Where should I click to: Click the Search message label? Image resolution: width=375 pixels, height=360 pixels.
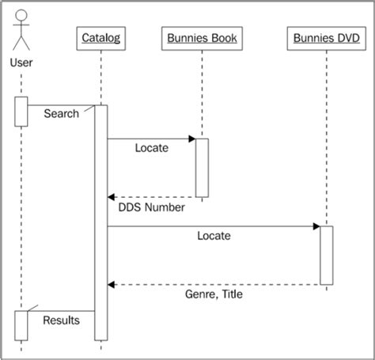(x=61, y=114)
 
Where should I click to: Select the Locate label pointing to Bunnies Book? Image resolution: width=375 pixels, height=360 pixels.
(x=151, y=148)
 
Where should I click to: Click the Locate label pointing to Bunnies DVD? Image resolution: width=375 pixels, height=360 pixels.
(x=214, y=236)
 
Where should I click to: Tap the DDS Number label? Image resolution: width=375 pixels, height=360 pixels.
(x=151, y=208)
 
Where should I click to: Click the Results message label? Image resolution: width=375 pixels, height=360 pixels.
(x=60, y=321)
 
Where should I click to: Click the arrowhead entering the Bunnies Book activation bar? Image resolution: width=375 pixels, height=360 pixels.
(x=191, y=139)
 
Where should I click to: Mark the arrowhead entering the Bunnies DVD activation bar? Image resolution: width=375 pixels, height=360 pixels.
(x=316, y=226)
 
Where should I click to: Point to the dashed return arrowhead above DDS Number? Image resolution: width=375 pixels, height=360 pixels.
(x=112, y=197)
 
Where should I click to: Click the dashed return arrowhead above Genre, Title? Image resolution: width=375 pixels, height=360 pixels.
(x=112, y=284)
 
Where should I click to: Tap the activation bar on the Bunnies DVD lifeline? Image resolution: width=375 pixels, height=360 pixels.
(x=326, y=255)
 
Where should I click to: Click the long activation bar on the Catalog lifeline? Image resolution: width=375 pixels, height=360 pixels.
(x=101, y=222)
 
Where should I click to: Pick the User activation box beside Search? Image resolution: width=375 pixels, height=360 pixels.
(x=21, y=111)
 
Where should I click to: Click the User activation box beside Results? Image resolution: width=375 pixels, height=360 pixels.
(x=21, y=324)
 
